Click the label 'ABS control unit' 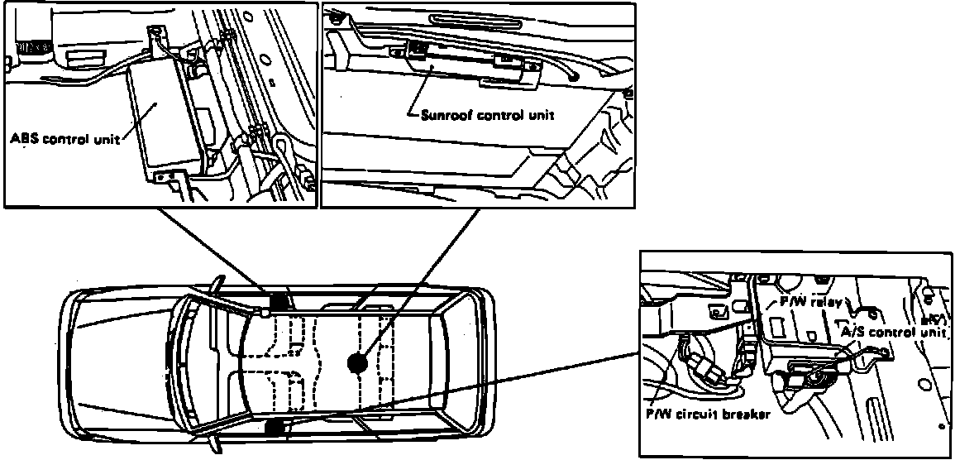pyautogui.click(x=64, y=139)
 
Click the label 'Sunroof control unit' pyautogui.click(x=488, y=116)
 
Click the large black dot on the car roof pyautogui.click(x=357, y=362)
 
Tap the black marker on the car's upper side pyautogui.click(x=278, y=301)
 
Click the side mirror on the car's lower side pyautogui.click(x=217, y=448)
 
